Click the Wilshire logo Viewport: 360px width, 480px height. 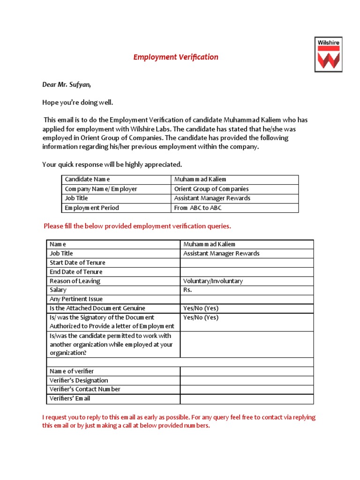click(x=328, y=54)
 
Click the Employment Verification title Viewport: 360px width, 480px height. click(x=176, y=57)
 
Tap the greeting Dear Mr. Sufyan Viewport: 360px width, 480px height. click(x=67, y=84)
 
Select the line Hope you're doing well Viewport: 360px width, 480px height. click(x=78, y=102)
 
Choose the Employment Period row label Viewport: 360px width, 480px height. click(x=92, y=208)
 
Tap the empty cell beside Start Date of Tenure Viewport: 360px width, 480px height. click(x=247, y=262)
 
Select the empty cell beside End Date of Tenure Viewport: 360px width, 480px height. click(x=247, y=272)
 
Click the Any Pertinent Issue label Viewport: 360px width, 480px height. click(x=76, y=299)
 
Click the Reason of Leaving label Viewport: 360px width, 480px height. click(x=75, y=281)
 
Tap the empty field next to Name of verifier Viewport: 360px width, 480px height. click(x=247, y=371)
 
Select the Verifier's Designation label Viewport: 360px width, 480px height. click(x=79, y=380)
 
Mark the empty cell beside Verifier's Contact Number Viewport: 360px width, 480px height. click(x=247, y=390)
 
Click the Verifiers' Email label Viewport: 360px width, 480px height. click(x=70, y=398)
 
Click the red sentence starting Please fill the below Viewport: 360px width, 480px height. click(x=137, y=226)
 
